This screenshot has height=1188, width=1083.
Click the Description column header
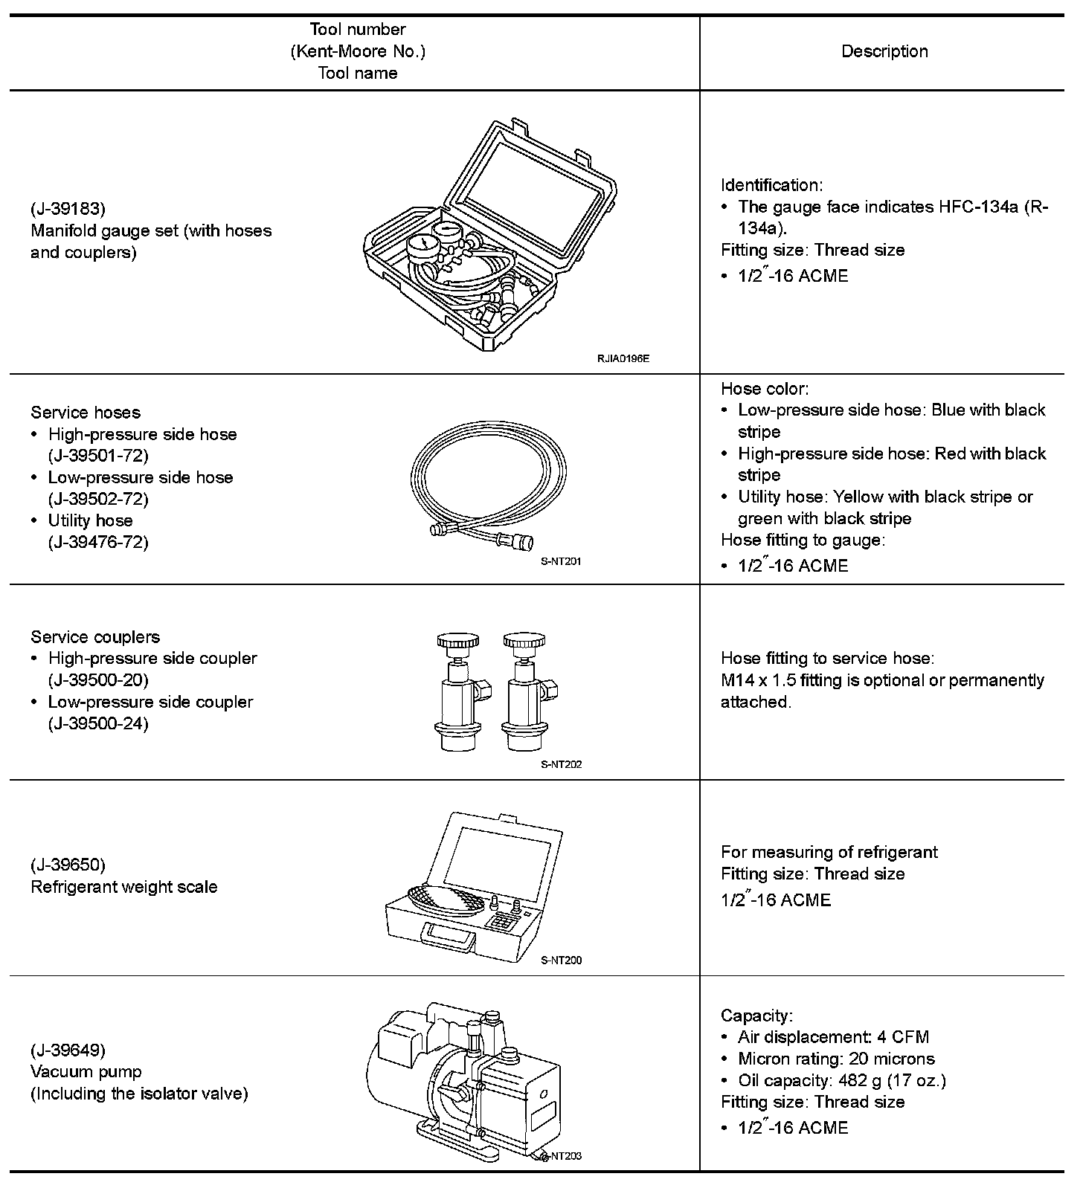tap(884, 51)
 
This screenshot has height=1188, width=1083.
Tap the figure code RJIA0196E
tap(623, 358)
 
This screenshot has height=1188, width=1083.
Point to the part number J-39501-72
tap(98, 456)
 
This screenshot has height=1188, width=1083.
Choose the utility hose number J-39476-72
tap(98, 542)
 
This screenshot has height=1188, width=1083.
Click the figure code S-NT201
tap(561, 561)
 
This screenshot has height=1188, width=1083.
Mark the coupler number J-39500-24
tap(98, 723)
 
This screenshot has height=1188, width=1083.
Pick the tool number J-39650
tap(68, 865)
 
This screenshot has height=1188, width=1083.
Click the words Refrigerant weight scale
tap(124, 887)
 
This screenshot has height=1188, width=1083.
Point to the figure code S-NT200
tap(561, 960)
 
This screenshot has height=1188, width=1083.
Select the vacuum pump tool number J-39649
tap(68, 1050)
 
